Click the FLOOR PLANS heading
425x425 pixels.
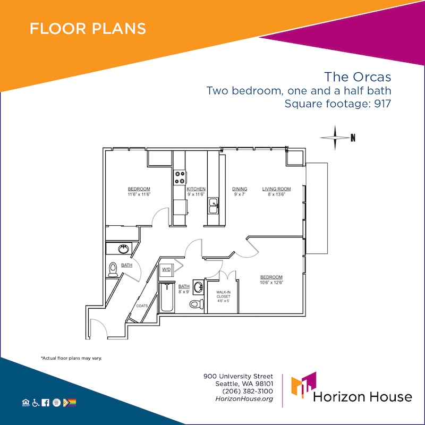tap(88, 29)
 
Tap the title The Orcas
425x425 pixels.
tap(358, 76)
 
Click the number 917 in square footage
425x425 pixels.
tap(382, 104)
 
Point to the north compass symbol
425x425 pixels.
tap(337, 138)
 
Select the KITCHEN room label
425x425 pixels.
tap(196, 189)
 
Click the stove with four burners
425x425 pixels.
tap(180, 177)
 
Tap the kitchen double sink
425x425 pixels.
tap(214, 206)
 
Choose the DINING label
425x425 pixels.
tap(240, 189)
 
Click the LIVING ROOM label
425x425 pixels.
tap(276, 189)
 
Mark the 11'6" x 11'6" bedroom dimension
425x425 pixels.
tap(139, 194)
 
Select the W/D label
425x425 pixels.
tap(166, 269)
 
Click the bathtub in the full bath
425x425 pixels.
tap(167, 297)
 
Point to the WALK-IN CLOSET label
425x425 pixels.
tap(223, 294)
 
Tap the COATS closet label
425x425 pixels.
tap(142, 306)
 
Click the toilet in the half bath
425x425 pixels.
tap(113, 269)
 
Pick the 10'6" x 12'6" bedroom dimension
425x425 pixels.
tap(271, 283)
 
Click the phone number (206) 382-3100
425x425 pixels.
tap(248, 391)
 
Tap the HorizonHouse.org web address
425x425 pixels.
tap(244, 399)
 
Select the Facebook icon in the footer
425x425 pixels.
tap(46, 403)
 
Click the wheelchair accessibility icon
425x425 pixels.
tap(36, 403)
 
